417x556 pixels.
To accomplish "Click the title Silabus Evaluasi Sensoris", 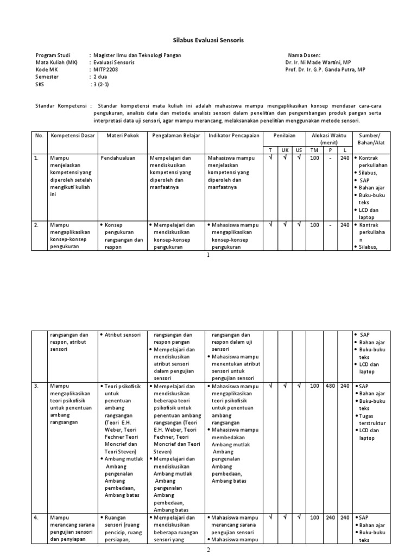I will pos(208,40).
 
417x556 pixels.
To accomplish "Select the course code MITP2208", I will pos(105,70).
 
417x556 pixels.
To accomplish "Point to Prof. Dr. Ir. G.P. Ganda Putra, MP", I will pos(325,70).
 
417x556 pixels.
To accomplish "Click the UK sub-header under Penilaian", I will pos(285,150).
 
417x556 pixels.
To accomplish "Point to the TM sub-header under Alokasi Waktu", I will pos(314,150).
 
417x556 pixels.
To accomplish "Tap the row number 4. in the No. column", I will pos(37,517).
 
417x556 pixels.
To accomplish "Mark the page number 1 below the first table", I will pos(208,255).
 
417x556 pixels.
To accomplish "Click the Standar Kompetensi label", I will pos(60,105).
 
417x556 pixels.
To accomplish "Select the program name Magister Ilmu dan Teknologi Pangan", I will pos(137,55).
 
